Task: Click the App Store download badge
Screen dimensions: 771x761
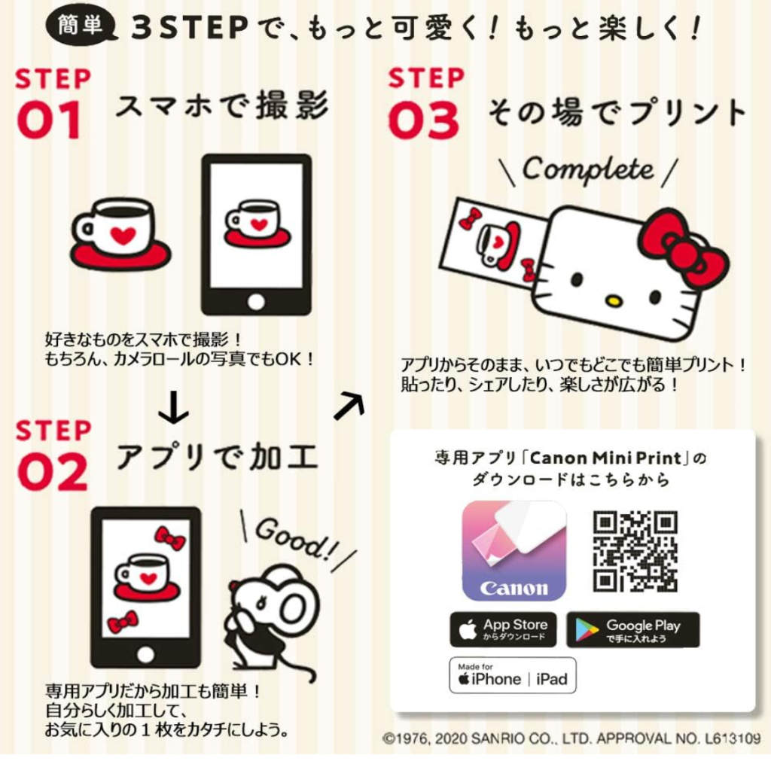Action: [x=503, y=629]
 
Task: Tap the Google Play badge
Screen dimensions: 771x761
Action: [x=632, y=630]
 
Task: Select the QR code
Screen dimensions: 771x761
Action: [x=635, y=550]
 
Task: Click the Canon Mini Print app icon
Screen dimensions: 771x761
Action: [x=513, y=550]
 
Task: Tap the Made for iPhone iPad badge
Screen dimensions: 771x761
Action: [x=512, y=675]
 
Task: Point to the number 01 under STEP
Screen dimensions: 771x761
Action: [x=49, y=120]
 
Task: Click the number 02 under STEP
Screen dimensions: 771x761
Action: [x=52, y=472]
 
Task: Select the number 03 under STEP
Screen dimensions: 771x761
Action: [x=424, y=120]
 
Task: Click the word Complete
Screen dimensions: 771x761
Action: [x=588, y=170]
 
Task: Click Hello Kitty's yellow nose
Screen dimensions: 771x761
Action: [x=612, y=300]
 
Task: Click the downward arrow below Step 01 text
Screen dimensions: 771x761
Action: [x=173, y=406]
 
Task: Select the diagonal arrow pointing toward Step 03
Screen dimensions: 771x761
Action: [x=349, y=405]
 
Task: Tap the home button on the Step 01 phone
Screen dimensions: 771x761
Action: [x=256, y=301]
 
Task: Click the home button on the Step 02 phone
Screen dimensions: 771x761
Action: [x=145, y=654]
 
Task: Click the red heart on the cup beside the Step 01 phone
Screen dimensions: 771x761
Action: [x=123, y=235]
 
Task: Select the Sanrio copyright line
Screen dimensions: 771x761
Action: [x=571, y=738]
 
